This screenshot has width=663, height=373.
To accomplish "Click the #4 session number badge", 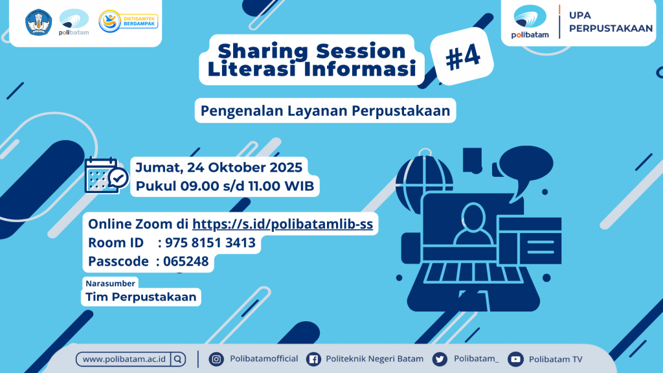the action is coord(462,56).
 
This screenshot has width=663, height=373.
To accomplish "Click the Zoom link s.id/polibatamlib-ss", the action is coord(282,223).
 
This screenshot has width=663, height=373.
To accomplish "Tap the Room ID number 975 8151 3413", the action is coord(210,243).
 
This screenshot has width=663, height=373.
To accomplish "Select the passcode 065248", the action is coord(186,262).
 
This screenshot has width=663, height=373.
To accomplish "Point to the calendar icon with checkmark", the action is coord(106,175).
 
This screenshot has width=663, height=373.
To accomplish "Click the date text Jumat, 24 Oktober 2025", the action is coord(219,168).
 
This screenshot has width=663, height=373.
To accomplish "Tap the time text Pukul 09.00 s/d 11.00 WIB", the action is coord(225,186).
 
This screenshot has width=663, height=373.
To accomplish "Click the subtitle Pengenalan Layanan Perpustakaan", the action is coord(325,111).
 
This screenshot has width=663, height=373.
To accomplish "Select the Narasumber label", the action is coord(110,284).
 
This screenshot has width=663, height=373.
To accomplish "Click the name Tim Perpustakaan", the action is coord(140,297).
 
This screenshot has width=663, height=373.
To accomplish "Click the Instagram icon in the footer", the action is coord(216,359).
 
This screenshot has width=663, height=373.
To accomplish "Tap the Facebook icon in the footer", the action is coord(313,359).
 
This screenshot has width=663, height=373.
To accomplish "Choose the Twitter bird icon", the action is coord(440,359).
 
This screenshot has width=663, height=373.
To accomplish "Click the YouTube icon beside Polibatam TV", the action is coord(515,359).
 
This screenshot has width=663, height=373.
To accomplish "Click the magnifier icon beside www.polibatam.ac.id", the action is coord(178,359).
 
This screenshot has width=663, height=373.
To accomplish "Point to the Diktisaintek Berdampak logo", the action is coord(128,21).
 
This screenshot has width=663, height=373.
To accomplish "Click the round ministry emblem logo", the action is coord(38,22).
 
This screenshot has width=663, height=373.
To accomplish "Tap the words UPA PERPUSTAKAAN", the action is coord(611,21).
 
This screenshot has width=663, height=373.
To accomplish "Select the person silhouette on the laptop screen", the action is coord(473,224).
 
